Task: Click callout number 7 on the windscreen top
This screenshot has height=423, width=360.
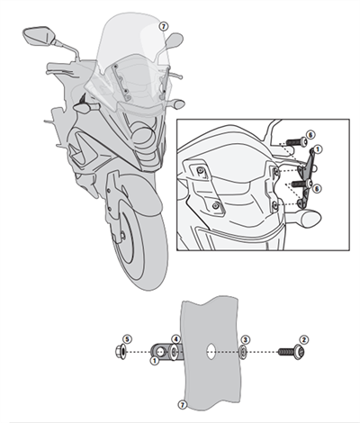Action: tap(162, 27)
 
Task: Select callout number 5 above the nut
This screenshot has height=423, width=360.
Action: tap(127, 338)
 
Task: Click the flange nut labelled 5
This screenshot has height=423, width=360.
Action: tap(122, 351)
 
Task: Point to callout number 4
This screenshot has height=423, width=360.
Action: tap(176, 338)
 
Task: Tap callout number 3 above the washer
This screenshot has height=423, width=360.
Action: tap(246, 338)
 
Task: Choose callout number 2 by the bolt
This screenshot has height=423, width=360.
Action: tap(303, 338)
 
